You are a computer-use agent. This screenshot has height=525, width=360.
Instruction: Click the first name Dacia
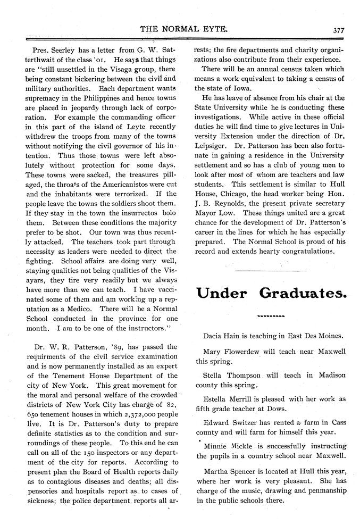click(214, 336)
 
